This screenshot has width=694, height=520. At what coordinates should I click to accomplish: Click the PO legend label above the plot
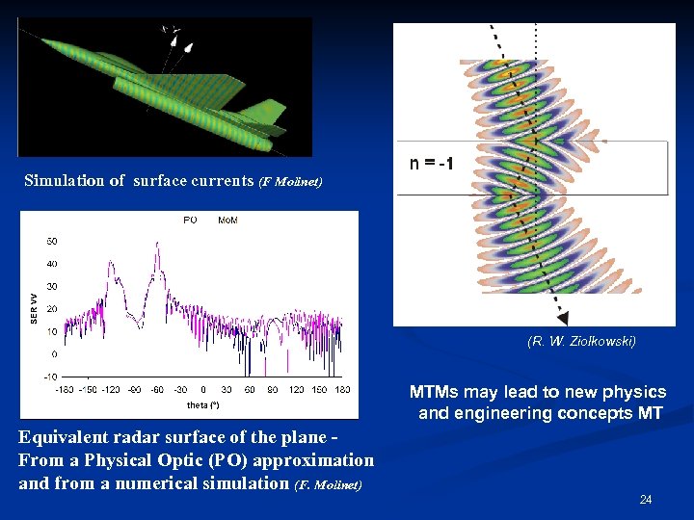coord(190,221)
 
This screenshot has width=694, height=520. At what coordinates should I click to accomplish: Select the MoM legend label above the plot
coord(228,221)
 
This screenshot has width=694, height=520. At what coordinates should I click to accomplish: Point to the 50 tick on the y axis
coord(51,241)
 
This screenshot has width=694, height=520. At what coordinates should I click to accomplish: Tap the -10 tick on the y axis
coord(50,377)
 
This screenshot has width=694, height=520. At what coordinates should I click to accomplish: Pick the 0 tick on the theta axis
coord(202,390)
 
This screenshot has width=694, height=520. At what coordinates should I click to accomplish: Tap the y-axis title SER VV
coord(35,309)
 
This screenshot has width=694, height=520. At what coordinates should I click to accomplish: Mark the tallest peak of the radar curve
coord(157,245)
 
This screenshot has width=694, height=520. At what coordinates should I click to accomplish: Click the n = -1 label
coord(432,165)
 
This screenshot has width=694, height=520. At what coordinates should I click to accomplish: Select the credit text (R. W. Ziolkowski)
coord(581,341)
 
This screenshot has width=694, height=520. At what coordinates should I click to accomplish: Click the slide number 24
coord(646,500)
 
